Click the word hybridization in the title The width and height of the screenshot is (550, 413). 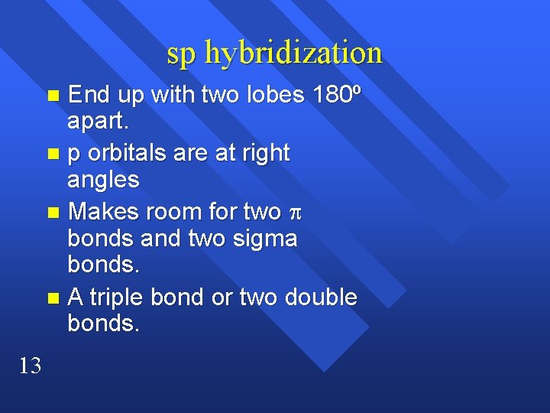[x=294, y=53]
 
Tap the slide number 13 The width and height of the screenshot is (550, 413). [x=29, y=366]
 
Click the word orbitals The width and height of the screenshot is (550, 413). [x=127, y=152]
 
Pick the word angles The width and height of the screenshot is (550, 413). [x=103, y=180]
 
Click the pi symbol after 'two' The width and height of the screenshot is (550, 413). [x=296, y=212]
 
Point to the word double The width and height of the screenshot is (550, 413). [x=322, y=297]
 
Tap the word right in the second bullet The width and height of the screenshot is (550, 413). [x=262, y=152]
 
